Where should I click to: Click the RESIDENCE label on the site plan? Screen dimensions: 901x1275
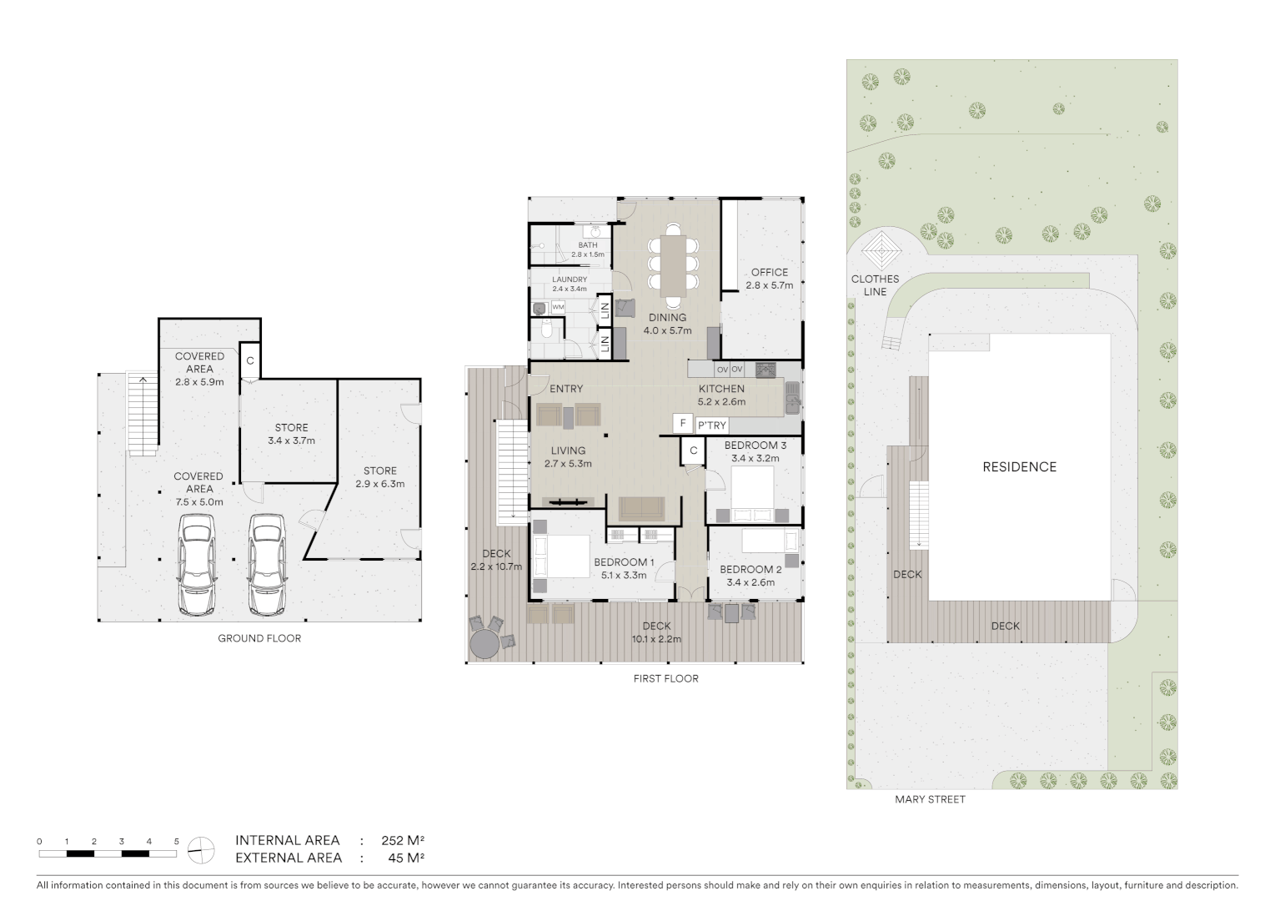pos(1019,467)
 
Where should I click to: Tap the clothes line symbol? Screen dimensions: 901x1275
pos(881,248)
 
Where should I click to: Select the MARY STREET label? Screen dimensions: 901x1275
pos(930,799)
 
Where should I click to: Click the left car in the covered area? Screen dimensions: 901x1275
pos(197,564)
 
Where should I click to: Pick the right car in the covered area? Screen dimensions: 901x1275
pos(266,564)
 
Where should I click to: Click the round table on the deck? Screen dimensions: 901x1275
pos(484,643)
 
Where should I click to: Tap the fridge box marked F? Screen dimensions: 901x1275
pos(683,424)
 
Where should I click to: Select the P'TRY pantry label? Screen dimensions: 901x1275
pos(711,425)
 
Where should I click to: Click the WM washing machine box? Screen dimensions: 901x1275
pos(558,307)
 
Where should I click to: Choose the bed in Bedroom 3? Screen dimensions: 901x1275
pos(752,493)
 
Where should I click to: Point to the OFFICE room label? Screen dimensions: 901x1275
pos(769,272)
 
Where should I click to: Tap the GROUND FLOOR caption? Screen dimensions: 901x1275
pos(259,638)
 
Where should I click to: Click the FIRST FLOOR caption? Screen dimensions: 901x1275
pos(665,678)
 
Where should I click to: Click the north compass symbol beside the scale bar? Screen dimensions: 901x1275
pos(200,850)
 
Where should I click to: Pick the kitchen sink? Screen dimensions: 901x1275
pos(791,399)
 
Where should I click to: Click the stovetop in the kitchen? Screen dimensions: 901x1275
pos(766,370)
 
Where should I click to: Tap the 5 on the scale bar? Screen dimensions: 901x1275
pos(176,842)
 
